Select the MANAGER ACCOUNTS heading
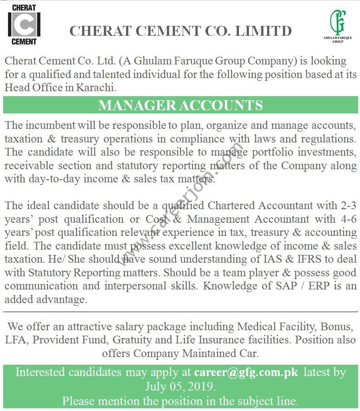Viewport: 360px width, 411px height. (180, 105)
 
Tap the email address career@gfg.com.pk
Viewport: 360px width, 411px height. (246, 372)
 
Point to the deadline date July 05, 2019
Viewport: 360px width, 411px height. (180, 387)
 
